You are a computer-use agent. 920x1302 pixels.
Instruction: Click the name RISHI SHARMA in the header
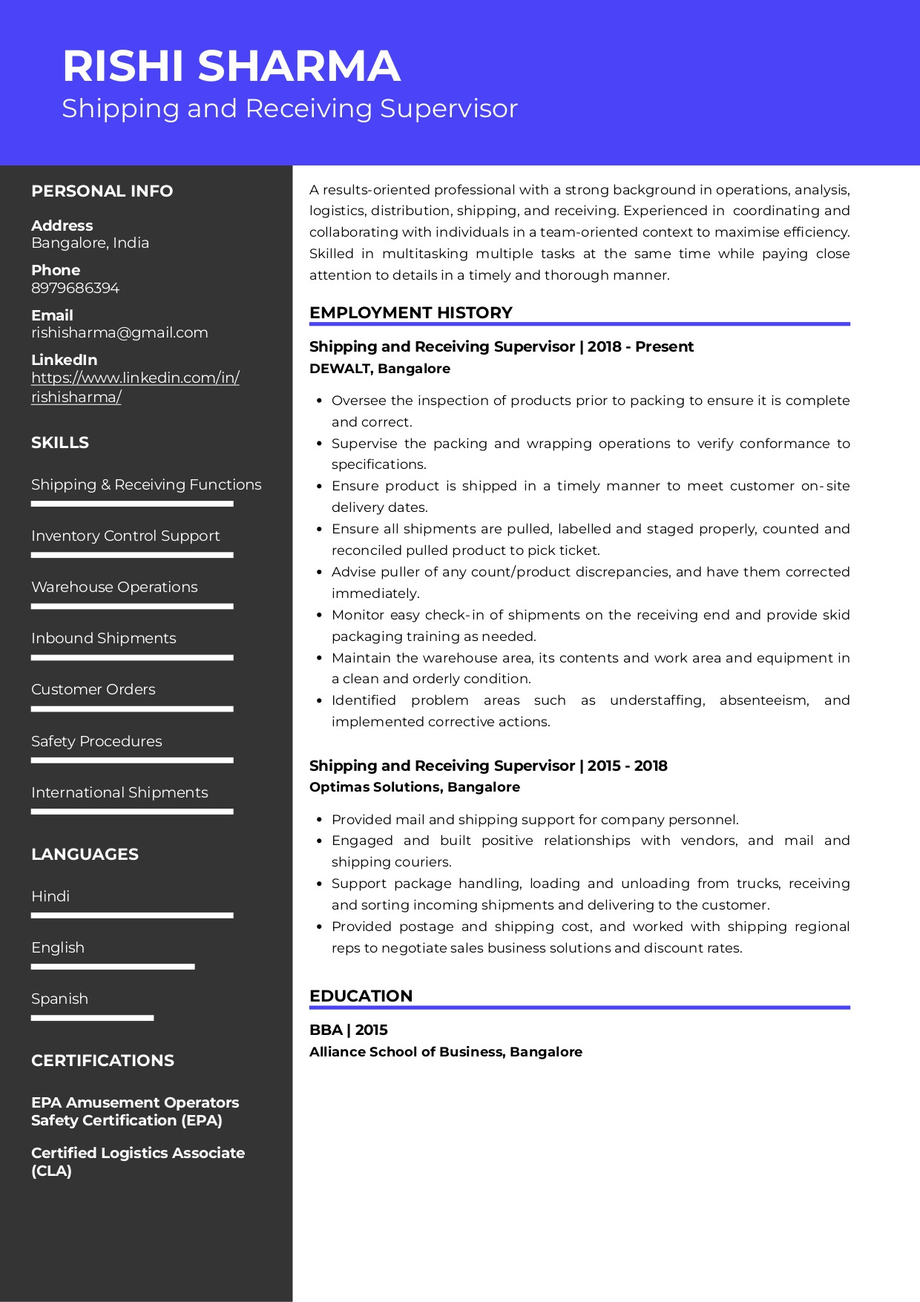(231, 66)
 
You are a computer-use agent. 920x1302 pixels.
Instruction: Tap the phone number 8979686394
(75, 288)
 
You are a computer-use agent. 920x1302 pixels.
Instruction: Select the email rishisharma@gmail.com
(119, 332)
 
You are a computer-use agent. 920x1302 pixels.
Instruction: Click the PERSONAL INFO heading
(102, 191)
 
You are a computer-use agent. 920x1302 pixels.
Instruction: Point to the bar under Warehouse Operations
(132, 606)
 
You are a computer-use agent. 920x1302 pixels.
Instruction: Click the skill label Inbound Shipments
(104, 638)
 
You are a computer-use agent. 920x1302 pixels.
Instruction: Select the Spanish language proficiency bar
(92, 1018)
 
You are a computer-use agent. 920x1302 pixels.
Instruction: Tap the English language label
(58, 947)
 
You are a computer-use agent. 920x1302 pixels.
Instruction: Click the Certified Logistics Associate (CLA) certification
(137, 1162)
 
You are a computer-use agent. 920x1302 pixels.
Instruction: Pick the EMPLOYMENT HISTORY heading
(410, 312)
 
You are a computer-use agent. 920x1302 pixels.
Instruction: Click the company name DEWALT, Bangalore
(379, 369)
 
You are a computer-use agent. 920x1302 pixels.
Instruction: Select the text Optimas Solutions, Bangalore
(414, 787)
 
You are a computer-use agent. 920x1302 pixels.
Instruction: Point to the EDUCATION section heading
(361, 996)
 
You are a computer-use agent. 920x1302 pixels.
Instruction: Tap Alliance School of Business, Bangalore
(445, 1052)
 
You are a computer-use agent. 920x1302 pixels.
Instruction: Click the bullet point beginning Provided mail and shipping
(534, 820)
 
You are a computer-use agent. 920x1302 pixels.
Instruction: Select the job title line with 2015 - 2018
(487, 766)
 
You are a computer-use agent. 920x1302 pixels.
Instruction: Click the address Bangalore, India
(90, 243)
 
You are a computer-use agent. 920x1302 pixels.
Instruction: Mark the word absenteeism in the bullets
(763, 700)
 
